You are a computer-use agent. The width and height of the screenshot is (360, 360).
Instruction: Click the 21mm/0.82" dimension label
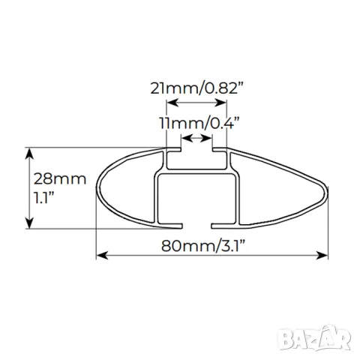coord(197,88)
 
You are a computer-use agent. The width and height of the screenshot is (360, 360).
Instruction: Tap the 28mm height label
coord(60,179)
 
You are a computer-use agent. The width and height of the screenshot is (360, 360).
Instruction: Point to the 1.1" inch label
coord(44,197)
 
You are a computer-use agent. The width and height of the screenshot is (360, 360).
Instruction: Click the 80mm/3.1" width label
coord(202,246)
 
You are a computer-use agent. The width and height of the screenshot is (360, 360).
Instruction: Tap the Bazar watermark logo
coord(314,338)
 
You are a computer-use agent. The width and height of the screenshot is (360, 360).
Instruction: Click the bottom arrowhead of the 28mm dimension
coord(30,223)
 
